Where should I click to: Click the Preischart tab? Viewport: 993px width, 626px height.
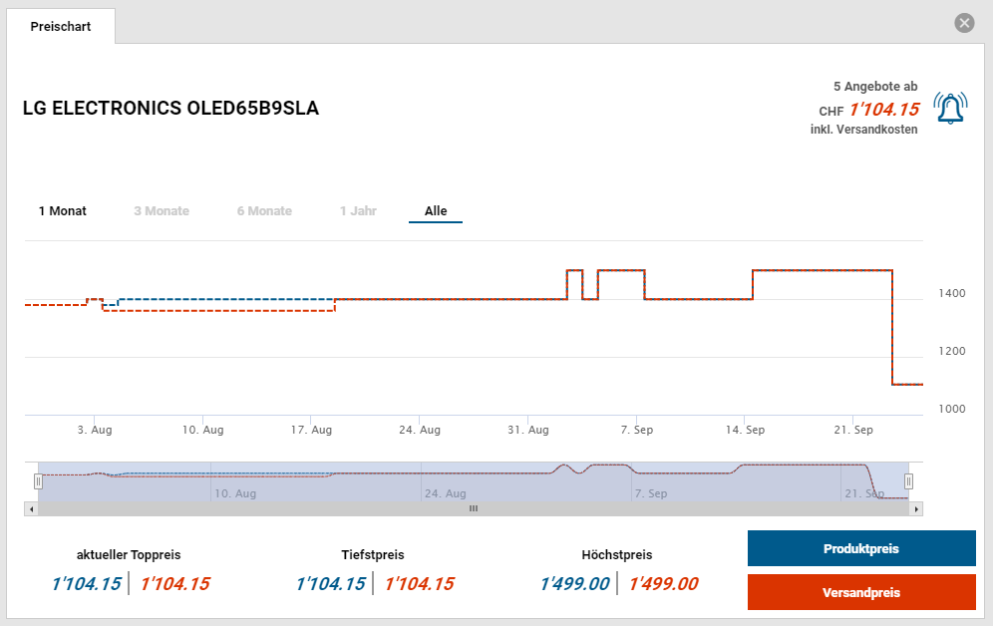(61, 27)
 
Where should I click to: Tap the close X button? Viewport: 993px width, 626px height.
(964, 23)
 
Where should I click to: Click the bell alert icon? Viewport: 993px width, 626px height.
(950, 109)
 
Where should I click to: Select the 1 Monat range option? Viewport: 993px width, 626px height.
(63, 211)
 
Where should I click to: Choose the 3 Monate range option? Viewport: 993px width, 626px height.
(162, 211)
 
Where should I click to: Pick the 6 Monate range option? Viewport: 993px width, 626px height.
(264, 211)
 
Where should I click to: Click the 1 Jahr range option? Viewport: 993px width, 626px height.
(358, 211)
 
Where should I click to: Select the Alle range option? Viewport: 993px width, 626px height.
(436, 211)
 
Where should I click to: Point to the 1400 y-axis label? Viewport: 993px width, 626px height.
(951, 294)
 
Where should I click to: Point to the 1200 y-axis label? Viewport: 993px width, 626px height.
(951, 352)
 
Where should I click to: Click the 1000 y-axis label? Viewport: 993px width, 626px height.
(951, 410)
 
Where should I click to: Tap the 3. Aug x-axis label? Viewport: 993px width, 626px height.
(95, 431)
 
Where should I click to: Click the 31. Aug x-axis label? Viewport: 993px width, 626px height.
(528, 431)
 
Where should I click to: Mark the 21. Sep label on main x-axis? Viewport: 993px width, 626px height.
(853, 431)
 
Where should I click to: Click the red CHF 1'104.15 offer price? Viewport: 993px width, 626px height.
(884, 109)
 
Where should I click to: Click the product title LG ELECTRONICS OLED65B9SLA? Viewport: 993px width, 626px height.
(170, 109)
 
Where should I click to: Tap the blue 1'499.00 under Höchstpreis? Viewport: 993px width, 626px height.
(574, 584)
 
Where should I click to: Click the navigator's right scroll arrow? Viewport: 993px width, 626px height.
(917, 508)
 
